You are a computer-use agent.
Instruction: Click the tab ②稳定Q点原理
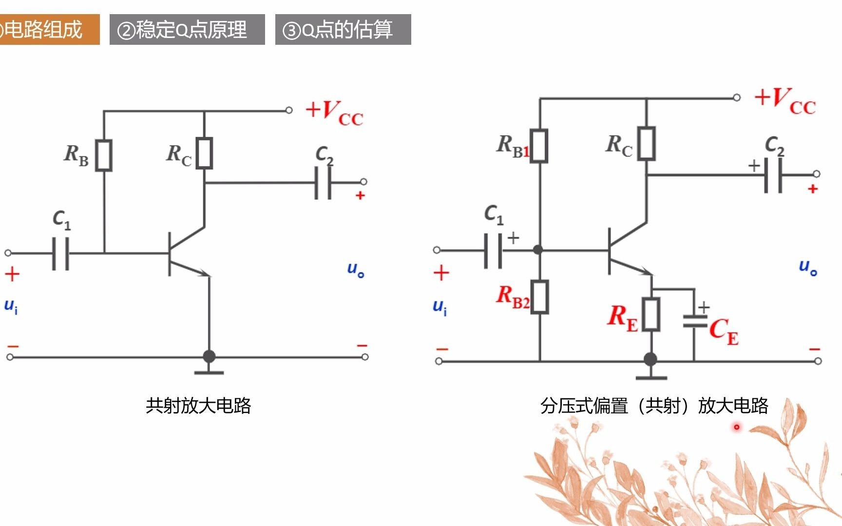coord(187,30)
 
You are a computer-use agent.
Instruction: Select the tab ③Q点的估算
coord(343,30)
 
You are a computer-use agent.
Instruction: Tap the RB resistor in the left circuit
coord(104,155)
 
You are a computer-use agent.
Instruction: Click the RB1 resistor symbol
coord(539,146)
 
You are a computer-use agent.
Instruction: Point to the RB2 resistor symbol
coord(540,297)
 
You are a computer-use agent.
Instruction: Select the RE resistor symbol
coord(651,315)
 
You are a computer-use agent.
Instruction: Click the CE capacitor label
coord(724,331)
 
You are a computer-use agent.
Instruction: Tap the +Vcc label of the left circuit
coord(334,113)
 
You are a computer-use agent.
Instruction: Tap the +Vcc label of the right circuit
coord(785,101)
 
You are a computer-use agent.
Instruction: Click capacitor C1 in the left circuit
coord(61,253)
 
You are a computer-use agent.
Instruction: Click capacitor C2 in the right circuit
coord(773,174)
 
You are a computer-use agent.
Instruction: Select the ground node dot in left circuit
coord(209,356)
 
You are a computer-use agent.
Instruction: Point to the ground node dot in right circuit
coord(651,359)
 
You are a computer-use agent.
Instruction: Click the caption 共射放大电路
coord(198,405)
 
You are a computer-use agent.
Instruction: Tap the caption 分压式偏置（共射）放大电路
coord(654,405)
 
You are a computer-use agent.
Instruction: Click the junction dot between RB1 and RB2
coord(538,250)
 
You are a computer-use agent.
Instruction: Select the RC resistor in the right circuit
coord(647,144)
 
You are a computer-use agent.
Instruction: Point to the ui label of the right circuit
coord(440,307)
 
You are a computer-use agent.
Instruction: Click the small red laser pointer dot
coord(737,427)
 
